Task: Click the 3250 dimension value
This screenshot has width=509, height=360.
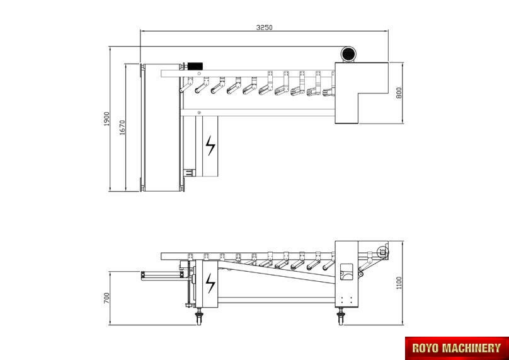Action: tap(264, 28)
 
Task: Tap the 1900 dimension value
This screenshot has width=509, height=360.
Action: tap(107, 119)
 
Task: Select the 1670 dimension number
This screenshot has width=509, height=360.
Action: tap(122, 127)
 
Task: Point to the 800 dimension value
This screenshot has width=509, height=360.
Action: tap(399, 93)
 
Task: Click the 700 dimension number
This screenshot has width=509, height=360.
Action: tap(106, 298)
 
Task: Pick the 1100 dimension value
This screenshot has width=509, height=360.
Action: tap(399, 282)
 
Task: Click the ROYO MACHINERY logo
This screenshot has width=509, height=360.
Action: tap(457, 348)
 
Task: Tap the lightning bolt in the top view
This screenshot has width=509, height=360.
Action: tap(210, 145)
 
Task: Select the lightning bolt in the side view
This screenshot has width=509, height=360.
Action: tap(210, 283)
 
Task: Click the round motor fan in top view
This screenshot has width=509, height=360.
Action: tap(348, 54)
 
